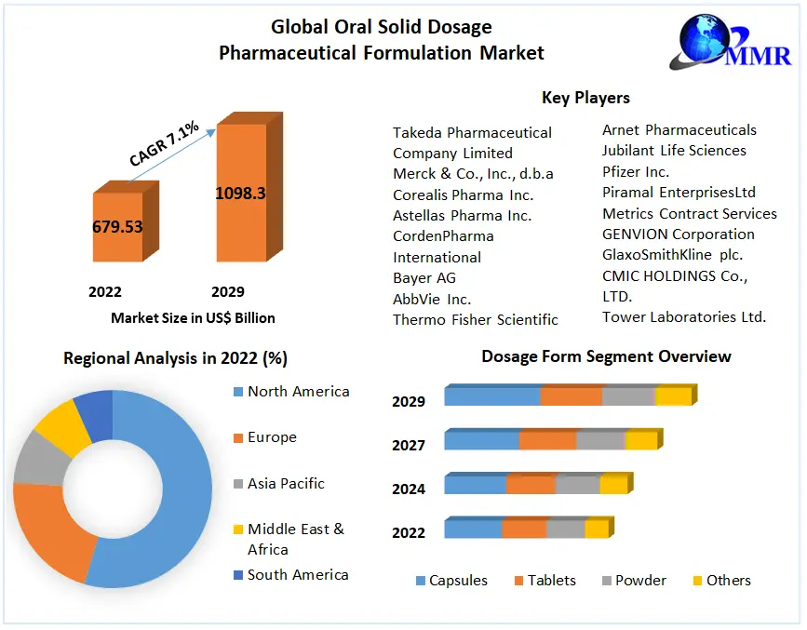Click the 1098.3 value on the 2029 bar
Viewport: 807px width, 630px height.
240,194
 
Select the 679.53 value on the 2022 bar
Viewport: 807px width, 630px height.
117,226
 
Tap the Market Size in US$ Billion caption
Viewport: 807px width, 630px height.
193,318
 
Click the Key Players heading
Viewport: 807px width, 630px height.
585,98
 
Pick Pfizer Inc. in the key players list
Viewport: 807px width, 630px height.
636,171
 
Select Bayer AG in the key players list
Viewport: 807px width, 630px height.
424,277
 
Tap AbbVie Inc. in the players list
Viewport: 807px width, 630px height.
432,299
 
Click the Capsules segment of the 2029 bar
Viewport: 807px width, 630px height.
491,396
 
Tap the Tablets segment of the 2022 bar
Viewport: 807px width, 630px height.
524,529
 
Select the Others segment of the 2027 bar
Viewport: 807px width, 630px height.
640,440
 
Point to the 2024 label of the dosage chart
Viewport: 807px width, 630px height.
409,489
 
